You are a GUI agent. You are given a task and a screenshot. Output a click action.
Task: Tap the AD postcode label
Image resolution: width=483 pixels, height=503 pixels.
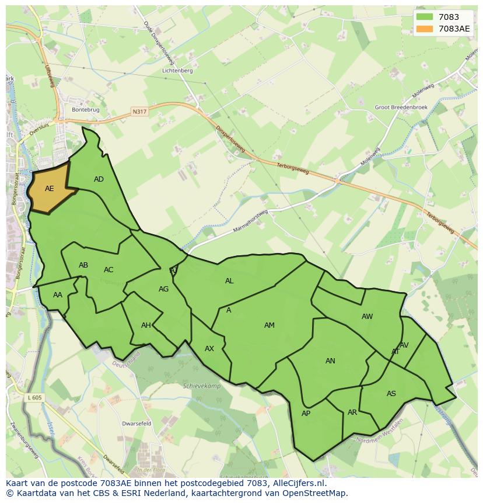(x=99, y=179)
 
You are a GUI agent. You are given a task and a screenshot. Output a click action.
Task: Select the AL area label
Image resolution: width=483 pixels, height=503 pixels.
(x=229, y=281)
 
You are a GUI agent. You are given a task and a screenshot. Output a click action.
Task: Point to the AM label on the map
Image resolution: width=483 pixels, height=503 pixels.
(x=269, y=325)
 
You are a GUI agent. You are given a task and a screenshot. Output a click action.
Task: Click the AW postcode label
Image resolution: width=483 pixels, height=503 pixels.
(x=367, y=317)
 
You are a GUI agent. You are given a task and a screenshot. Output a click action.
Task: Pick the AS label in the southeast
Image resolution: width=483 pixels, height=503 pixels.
(x=391, y=394)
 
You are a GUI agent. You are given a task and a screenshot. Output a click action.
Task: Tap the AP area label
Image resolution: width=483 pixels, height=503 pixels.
(x=306, y=414)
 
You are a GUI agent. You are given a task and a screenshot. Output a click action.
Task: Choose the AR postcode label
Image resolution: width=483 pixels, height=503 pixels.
(x=352, y=412)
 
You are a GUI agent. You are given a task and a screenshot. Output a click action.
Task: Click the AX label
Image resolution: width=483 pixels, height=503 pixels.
(x=209, y=349)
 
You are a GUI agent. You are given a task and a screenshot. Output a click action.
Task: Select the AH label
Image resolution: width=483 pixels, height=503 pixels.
(x=146, y=325)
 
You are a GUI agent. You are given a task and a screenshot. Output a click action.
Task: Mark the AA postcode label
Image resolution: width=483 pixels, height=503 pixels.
(x=57, y=295)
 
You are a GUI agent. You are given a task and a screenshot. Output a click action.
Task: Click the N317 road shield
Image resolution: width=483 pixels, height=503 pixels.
(x=139, y=111)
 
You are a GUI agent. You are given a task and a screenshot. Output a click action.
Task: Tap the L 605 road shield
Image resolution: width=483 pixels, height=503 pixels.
(x=34, y=398)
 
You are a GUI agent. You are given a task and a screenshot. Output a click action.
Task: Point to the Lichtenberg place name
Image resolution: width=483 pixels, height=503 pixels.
(x=178, y=71)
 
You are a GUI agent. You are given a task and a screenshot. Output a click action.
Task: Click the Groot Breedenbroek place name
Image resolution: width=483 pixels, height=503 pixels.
(x=401, y=107)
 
